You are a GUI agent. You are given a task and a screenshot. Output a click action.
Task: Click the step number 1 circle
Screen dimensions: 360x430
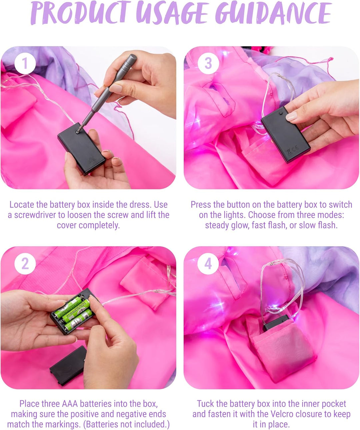(25, 63)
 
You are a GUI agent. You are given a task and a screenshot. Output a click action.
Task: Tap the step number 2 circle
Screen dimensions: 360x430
(25, 264)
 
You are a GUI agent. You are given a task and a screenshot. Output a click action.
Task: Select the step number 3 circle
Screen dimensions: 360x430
(208, 63)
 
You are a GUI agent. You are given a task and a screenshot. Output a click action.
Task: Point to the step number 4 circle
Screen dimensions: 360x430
(208, 264)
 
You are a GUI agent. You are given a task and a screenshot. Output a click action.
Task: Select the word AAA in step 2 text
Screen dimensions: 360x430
(70, 404)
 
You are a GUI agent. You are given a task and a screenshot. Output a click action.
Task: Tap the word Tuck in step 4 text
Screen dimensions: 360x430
(205, 404)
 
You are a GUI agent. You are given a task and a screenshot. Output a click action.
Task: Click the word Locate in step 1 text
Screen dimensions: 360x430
(22, 204)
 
